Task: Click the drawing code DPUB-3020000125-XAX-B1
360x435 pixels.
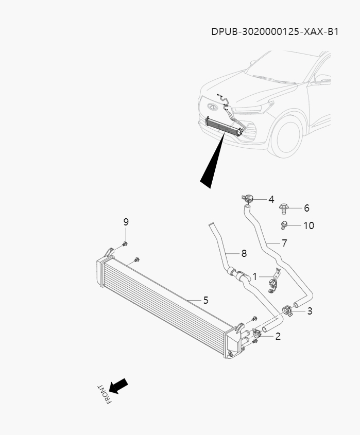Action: click(275, 31)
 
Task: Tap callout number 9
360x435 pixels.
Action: click(126, 222)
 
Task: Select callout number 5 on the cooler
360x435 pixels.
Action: click(205, 300)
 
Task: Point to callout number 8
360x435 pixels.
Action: click(244, 253)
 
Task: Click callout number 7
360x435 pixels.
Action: click(284, 243)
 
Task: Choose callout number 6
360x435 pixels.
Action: click(306, 208)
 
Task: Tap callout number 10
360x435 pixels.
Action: click(308, 225)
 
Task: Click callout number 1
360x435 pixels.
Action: click(254, 276)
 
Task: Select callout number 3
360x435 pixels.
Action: click(310, 311)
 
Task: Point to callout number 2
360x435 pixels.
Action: click(278, 337)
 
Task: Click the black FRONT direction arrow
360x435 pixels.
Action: click(118, 386)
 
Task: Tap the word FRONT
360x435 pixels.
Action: click(104, 394)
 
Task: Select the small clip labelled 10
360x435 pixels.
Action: click(283, 224)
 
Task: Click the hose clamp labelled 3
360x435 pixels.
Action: click(287, 311)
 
